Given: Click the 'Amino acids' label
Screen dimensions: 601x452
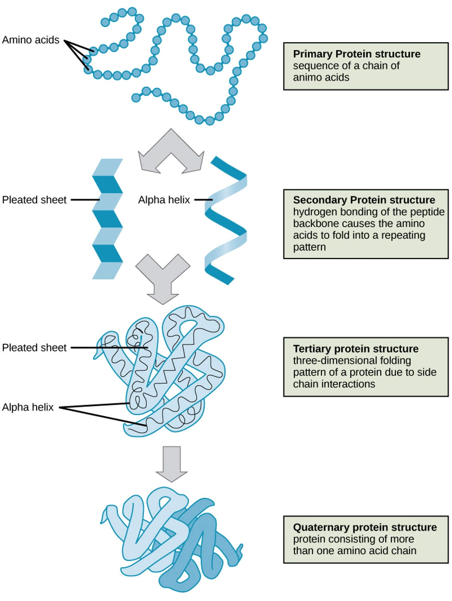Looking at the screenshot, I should (x=31, y=40).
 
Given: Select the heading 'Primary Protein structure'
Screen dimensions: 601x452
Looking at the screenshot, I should (x=356, y=54).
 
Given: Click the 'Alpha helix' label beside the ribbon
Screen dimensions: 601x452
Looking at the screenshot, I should (x=164, y=200).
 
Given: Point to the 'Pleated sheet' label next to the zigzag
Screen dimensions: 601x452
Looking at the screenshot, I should (x=34, y=200).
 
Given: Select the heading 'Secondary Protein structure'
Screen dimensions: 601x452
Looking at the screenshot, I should (x=364, y=200).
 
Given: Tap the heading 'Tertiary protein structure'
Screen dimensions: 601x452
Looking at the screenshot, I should (x=356, y=349).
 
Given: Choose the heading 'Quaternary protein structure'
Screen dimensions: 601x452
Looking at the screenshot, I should (x=364, y=527).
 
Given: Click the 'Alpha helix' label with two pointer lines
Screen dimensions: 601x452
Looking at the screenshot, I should (x=28, y=407).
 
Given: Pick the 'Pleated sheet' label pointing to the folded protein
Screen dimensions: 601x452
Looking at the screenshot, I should (x=34, y=348).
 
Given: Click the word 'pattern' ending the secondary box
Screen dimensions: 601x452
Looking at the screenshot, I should (x=309, y=247).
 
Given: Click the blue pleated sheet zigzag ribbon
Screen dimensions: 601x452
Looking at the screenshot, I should (x=108, y=219).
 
